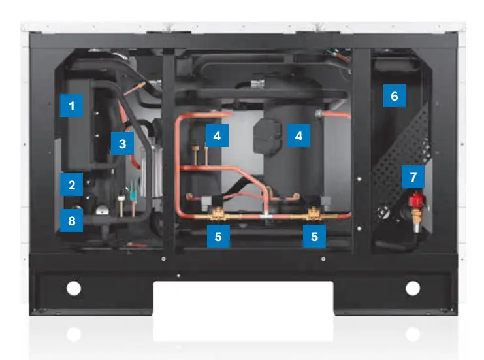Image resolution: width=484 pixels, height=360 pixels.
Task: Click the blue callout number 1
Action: tap(71, 106)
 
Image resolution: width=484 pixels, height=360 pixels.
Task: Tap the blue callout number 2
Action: tap(71, 185)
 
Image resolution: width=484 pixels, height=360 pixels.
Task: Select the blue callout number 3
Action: tap(122, 144)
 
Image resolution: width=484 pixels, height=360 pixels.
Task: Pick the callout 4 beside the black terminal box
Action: tap(298, 136)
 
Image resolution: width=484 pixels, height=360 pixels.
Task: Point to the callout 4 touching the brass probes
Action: tap(217, 136)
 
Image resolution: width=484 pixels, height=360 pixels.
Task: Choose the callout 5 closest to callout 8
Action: tap(218, 237)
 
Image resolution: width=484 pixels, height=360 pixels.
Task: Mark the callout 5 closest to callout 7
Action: tap(314, 237)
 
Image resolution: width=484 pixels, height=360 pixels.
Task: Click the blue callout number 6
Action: tap(395, 95)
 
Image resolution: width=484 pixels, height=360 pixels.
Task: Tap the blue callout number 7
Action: tap(413, 177)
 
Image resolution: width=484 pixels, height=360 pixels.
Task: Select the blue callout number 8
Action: tap(71, 220)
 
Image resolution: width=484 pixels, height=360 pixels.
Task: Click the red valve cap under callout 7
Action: tap(417, 200)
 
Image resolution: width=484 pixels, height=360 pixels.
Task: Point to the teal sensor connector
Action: tap(133, 195)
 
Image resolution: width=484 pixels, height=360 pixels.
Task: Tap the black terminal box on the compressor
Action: tap(267, 136)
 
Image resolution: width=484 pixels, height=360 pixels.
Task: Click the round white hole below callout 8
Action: tap(74, 289)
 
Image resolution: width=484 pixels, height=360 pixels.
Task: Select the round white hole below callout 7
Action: tap(413, 288)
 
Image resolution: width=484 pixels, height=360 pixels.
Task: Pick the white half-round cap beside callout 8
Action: tap(102, 211)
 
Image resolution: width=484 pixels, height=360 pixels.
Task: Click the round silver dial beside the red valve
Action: tap(383, 212)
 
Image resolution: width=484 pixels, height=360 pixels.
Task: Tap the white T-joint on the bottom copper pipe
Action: tap(266, 216)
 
